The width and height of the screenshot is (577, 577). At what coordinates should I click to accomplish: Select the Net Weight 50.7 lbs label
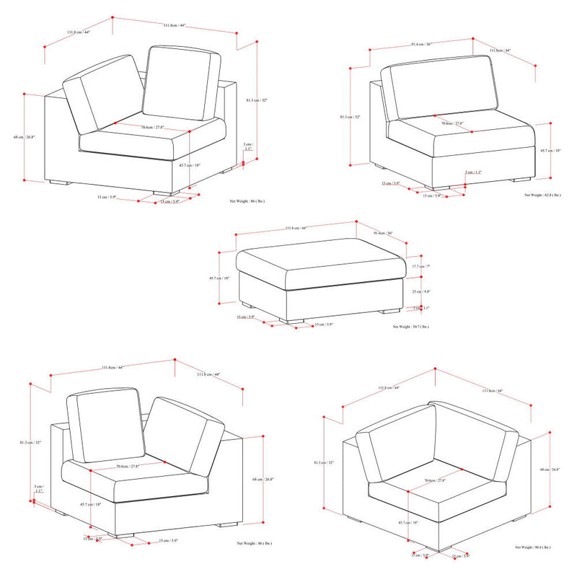click(x=410, y=326)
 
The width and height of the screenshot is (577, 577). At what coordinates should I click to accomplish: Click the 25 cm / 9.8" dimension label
click(x=421, y=292)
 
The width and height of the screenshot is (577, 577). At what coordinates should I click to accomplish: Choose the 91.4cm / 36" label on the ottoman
click(x=383, y=233)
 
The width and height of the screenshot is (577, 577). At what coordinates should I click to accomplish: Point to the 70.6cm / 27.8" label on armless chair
click(x=452, y=123)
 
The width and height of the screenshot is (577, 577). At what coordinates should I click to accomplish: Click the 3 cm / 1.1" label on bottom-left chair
click(x=37, y=488)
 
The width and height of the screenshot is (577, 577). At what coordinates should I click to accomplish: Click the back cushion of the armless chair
click(x=441, y=89)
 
